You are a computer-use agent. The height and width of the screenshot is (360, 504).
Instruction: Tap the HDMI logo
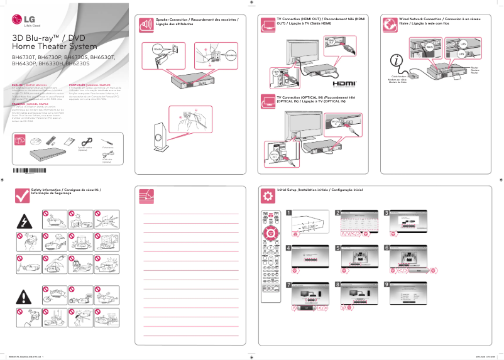pyautogui.click(x=345, y=82)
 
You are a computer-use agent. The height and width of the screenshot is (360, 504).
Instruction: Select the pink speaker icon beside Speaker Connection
pyautogui.click(x=146, y=25)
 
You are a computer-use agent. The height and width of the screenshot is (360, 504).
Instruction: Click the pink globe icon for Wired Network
pyautogui.click(x=391, y=25)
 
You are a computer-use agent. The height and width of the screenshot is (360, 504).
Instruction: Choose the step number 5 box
pyautogui.click(x=337, y=248)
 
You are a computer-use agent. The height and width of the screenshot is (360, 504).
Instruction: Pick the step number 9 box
pyautogui.click(x=387, y=284)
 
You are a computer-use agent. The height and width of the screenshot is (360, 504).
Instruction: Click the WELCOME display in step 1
pyautogui.click(x=310, y=224)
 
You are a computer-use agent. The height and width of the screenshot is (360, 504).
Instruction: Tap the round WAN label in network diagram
pyautogui.click(x=430, y=46)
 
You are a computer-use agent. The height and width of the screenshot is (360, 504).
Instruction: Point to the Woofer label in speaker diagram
pyautogui.click(x=158, y=47)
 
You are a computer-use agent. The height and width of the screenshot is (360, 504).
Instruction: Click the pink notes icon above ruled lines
pyautogui.click(x=146, y=195)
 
